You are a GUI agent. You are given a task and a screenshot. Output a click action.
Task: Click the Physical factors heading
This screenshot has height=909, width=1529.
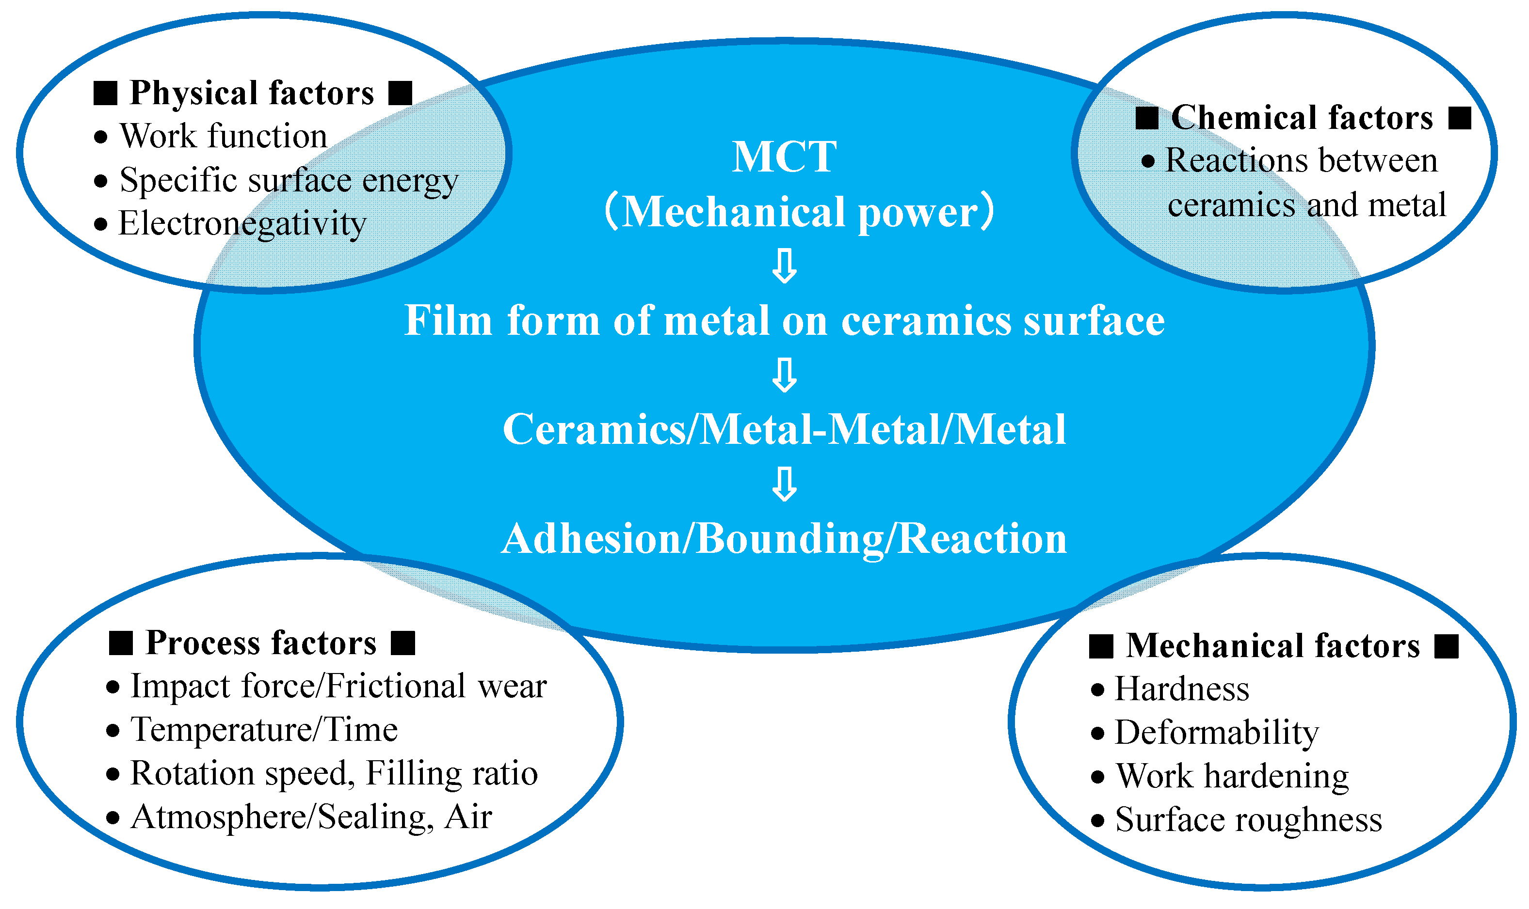(x=252, y=93)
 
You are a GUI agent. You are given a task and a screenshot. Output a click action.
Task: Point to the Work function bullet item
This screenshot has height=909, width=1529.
(x=223, y=136)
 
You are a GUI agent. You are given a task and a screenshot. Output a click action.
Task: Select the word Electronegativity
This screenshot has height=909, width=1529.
(x=242, y=223)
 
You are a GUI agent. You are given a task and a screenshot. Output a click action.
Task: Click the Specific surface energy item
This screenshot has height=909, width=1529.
(x=288, y=180)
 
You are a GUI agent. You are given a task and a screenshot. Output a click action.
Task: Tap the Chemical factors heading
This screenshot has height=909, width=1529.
(x=1302, y=118)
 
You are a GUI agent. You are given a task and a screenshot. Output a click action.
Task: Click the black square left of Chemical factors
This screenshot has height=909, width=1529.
(x=1146, y=118)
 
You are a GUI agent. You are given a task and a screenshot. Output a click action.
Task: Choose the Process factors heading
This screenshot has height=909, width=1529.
(x=261, y=643)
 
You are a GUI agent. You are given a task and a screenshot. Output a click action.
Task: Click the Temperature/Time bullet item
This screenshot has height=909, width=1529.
(x=263, y=730)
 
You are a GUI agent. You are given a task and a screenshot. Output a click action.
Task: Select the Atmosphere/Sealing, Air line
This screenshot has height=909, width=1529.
(x=311, y=817)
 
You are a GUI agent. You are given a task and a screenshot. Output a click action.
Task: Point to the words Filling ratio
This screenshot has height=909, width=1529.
(x=451, y=773)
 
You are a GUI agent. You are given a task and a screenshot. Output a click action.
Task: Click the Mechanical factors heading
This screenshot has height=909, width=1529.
(x=1273, y=645)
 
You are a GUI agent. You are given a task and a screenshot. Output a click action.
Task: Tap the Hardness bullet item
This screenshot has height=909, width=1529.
(x=1181, y=689)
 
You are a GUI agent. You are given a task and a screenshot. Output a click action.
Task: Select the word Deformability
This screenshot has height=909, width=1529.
(x=1216, y=733)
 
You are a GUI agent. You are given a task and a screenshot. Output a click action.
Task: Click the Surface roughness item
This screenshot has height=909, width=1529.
(x=1248, y=819)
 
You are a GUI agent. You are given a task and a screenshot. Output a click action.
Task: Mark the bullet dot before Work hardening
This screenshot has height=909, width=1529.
(x=1097, y=777)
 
